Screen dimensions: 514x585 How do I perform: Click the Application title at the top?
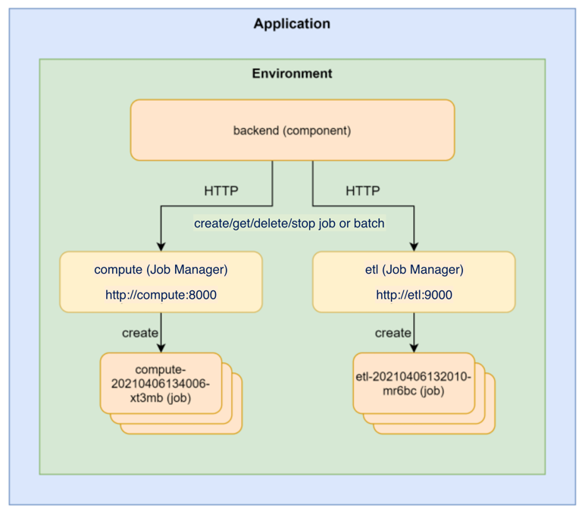(x=292, y=24)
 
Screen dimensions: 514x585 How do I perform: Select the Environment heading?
(x=292, y=74)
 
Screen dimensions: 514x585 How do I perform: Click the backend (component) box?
(x=292, y=130)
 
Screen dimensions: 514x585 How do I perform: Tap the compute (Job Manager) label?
(x=161, y=269)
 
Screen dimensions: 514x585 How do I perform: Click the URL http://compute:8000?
(x=161, y=295)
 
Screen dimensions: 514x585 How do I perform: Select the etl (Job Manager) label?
(x=414, y=269)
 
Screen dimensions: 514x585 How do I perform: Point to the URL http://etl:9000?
(x=414, y=295)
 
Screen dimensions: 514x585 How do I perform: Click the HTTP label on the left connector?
(x=221, y=191)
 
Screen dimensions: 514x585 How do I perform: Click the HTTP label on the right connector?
(x=363, y=191)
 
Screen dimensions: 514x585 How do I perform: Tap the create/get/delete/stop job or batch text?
(x=289, y=224)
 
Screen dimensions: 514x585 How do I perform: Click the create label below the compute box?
(x=140, y=333)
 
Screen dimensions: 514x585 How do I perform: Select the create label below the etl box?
(x=393, y=333)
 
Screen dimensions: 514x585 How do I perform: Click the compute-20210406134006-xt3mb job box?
(x=161, y=384)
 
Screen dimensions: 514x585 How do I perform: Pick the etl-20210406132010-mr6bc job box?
(x=414, y=384)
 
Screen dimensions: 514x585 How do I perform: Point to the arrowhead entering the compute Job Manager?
(x=161, y=246)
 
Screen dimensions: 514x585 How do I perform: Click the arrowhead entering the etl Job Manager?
(x=414, y=246)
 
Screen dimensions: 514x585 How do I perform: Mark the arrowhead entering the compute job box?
(x=161, y=348)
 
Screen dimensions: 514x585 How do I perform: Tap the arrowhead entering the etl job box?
(x=414, y=348)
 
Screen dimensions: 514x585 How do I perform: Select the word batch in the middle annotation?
(x=369, y=224)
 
